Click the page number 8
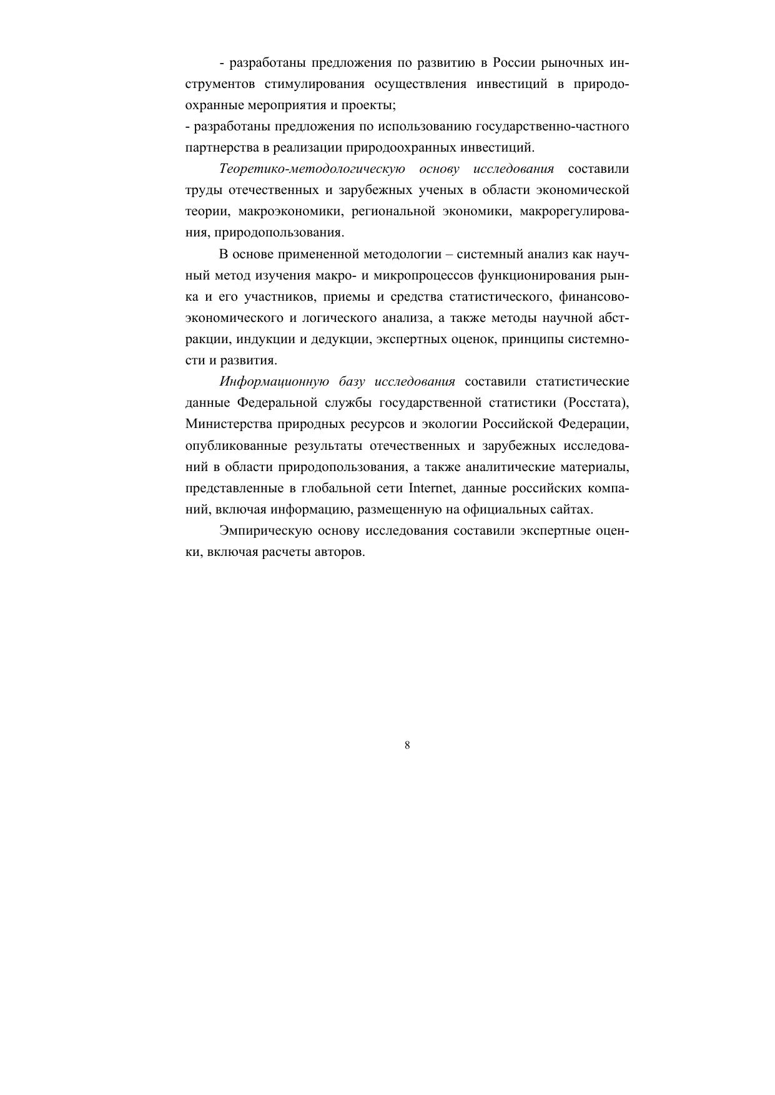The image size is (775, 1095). point(407,745)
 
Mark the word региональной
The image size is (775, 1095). point(393,212)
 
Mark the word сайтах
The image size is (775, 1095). point(573,509)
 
